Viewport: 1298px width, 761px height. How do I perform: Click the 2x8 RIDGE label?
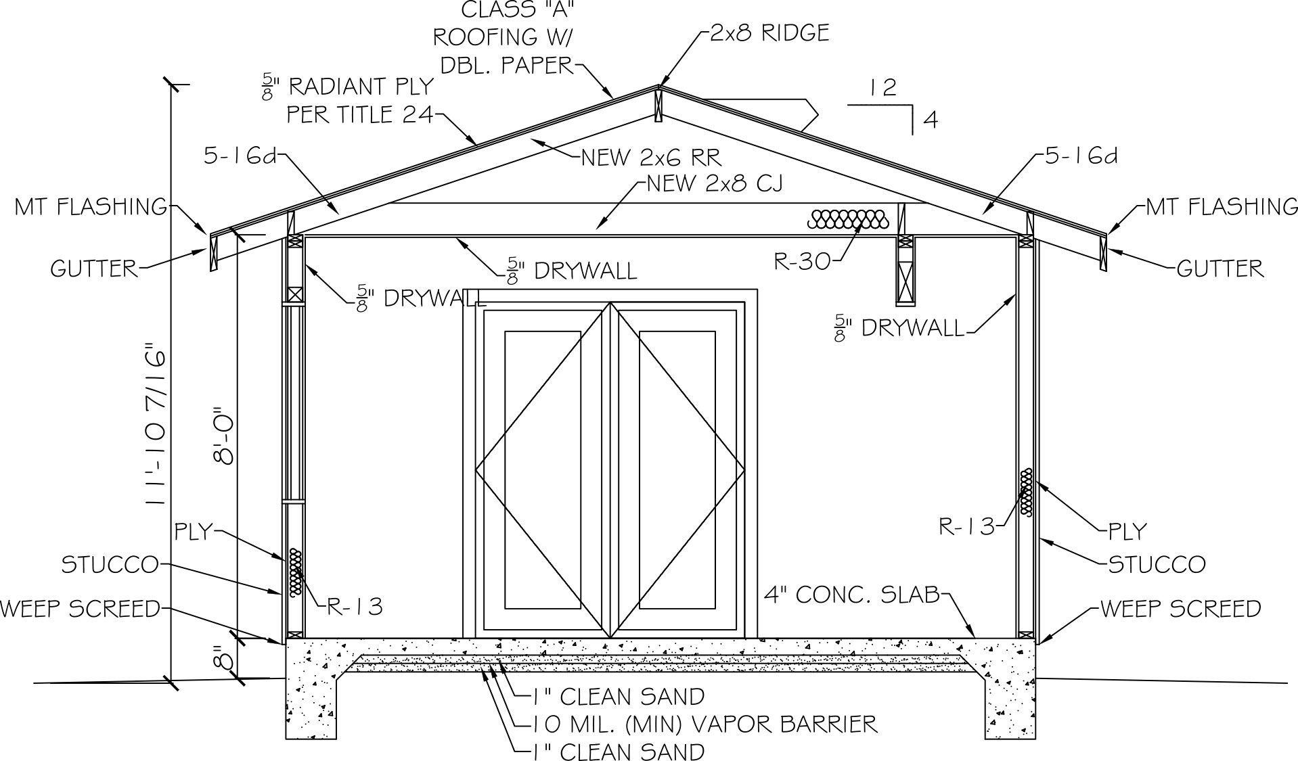click(x=769, y=33)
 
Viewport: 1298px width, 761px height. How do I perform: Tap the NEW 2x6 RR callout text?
click(x=652, y=158)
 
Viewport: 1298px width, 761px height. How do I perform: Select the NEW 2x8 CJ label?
click(x=715, y=183)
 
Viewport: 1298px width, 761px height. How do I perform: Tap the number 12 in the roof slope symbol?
click(x=883, y=87)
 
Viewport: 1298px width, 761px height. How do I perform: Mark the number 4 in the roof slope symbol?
click(x=931, y=120)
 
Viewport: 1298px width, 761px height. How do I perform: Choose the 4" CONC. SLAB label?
click(x=852, y=595)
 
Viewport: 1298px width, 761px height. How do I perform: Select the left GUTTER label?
click(x=94, y=269)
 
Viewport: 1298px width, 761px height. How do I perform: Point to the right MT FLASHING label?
click(x=1222, y=206)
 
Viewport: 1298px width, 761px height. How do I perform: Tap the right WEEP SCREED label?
click(x=1181, y=608)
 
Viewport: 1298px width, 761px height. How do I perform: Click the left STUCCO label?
click(x=110, y=564)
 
